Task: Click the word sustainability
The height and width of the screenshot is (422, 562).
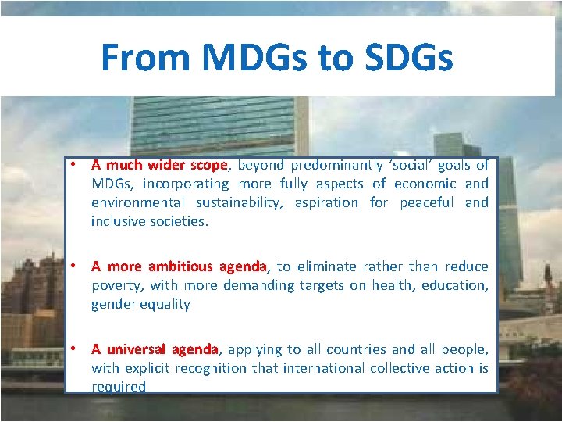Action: point(239,202)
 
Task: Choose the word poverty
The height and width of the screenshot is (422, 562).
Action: point(117,285)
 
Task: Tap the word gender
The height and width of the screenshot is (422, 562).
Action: point(114,304)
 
